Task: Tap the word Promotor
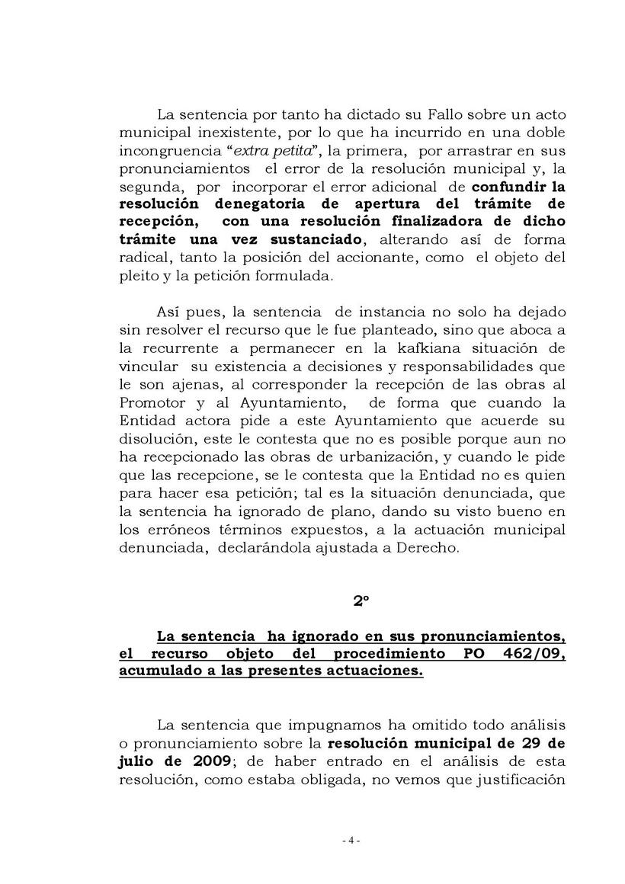coord(152,402)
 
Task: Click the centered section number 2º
coord(361,601)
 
